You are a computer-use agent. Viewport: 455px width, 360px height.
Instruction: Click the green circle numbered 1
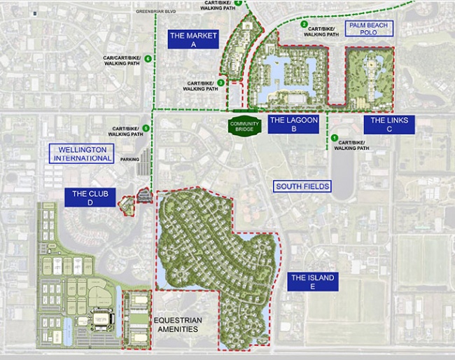(x=335, y=138)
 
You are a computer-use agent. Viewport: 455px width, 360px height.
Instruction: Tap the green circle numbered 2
(x=304, y=25)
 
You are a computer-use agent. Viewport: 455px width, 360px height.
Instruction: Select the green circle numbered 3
(x=220, y=83)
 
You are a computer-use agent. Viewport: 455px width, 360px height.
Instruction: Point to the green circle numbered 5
(x=146, y=127)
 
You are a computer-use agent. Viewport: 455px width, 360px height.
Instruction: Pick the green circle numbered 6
(x=148, y=57)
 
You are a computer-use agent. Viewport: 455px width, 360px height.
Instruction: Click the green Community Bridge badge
(x=244, y=125)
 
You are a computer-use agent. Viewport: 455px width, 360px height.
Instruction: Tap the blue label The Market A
(x=193, y=39)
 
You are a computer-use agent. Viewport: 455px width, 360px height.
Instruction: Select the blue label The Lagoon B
(x=294, y=125)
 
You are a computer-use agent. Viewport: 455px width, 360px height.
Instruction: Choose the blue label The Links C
(x=388, y=125)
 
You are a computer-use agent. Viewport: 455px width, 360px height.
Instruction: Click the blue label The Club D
(x=90, y=198)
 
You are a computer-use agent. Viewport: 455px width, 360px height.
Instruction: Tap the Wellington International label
(x=81, y=153)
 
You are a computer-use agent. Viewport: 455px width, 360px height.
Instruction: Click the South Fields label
(x=302, y=186)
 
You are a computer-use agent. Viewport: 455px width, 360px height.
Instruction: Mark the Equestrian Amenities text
(x=177, y=325)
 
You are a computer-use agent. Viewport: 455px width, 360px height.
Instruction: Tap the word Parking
(x=129, y=160)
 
